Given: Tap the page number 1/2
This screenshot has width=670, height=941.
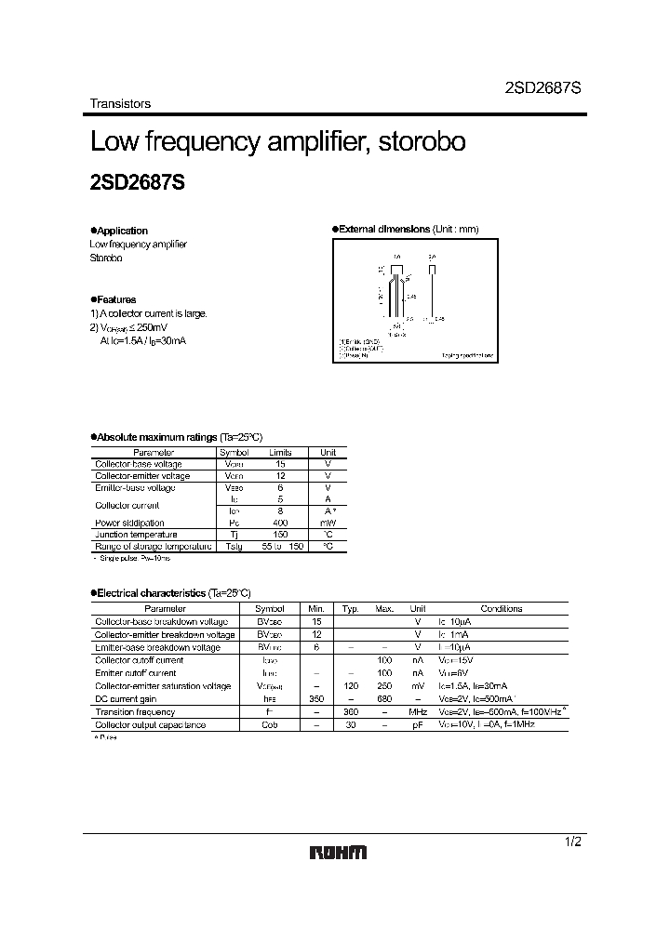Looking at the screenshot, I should (573, 842).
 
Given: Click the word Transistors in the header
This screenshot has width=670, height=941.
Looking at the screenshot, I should (120, 104).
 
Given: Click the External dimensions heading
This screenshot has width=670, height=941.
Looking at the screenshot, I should (408, 229).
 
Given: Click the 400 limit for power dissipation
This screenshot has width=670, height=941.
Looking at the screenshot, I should (280, 523).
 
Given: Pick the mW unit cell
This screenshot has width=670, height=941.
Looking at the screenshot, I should (328, 523).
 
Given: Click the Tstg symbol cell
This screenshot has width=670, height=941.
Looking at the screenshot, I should (234, 547).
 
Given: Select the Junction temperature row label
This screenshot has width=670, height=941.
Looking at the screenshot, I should (136, 535).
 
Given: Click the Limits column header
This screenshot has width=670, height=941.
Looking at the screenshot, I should (280, 451).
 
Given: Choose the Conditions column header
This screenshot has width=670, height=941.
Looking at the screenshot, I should (501, 608).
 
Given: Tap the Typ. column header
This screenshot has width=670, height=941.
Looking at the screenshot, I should (350, 608).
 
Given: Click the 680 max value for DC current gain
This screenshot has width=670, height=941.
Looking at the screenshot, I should (384, 698).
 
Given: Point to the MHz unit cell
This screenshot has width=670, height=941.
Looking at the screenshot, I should (418, 711).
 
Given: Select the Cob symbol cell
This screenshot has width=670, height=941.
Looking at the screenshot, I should (269, 724).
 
